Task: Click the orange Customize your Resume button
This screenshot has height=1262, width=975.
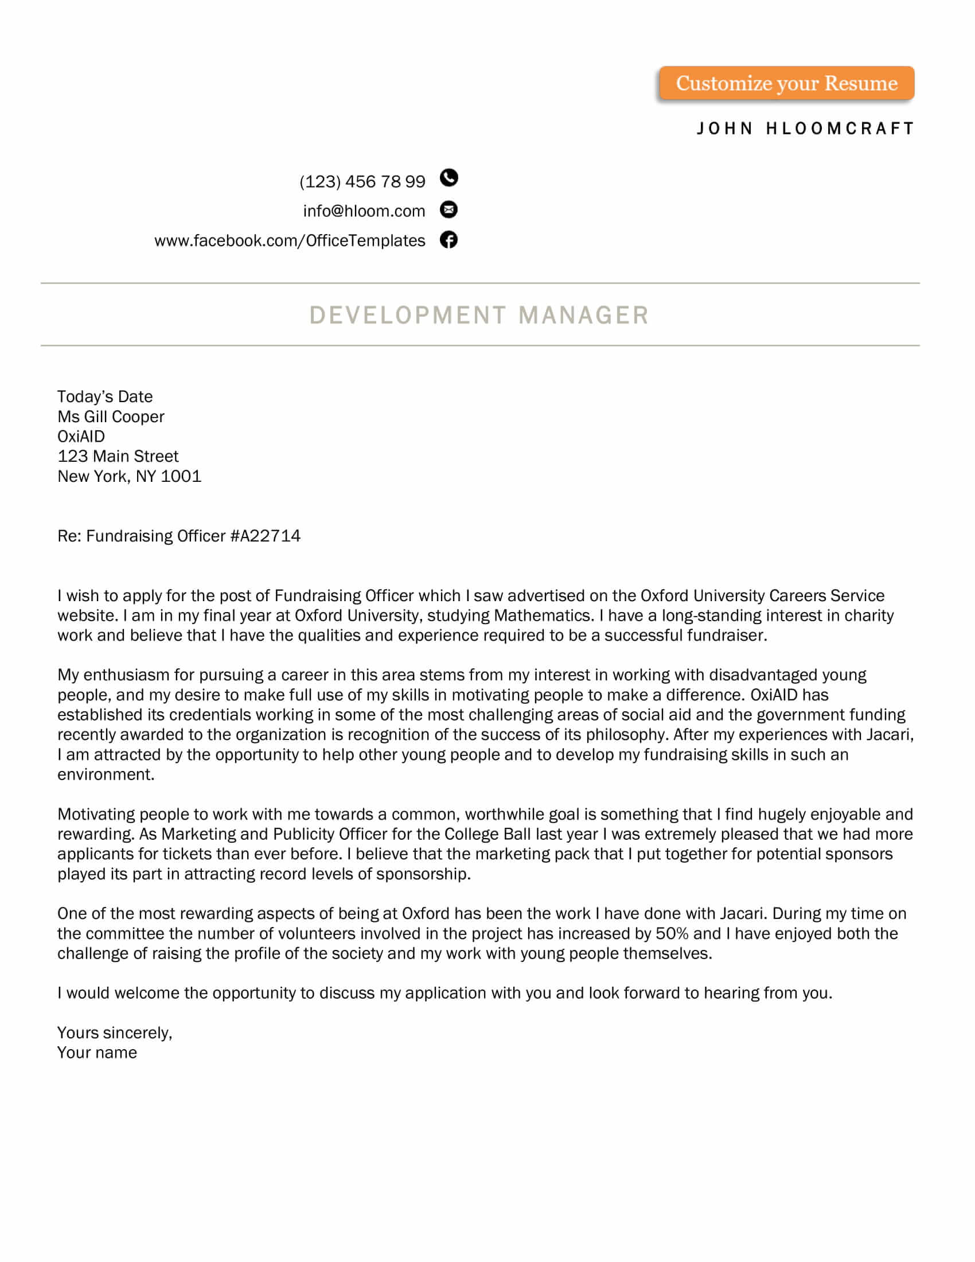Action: coord(786,83)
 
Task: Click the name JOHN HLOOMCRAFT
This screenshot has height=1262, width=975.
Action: coord(805,128)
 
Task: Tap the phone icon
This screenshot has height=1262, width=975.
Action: coord(449,178)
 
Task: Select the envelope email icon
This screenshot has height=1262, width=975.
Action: coord(449,209)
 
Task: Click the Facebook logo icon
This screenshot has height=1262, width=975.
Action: coord(449,240)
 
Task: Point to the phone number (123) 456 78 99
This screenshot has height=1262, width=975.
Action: coord(362,181)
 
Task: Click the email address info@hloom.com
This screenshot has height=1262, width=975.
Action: coord(364,211)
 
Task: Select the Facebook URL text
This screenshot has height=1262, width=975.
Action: coord(290,240)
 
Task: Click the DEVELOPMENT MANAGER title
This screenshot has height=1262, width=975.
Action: coord(479,315)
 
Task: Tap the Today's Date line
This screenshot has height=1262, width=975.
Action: coord(104,397)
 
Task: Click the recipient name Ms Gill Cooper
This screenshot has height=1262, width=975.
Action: coord(111,416)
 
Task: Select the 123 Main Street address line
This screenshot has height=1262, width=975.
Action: coord(118,457)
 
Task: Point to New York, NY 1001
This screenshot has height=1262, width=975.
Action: coord(130,476)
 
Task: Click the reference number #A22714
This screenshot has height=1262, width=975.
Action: coord(265,536)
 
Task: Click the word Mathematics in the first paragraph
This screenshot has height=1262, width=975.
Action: coord(543,616)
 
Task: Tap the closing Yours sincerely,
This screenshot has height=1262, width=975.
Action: coord(114,1033)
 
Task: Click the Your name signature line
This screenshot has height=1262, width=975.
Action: coord(97,1053)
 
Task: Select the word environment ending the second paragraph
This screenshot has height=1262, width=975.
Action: coord(104,774)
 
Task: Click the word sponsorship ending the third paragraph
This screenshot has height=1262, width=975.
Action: coord(422,874)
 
